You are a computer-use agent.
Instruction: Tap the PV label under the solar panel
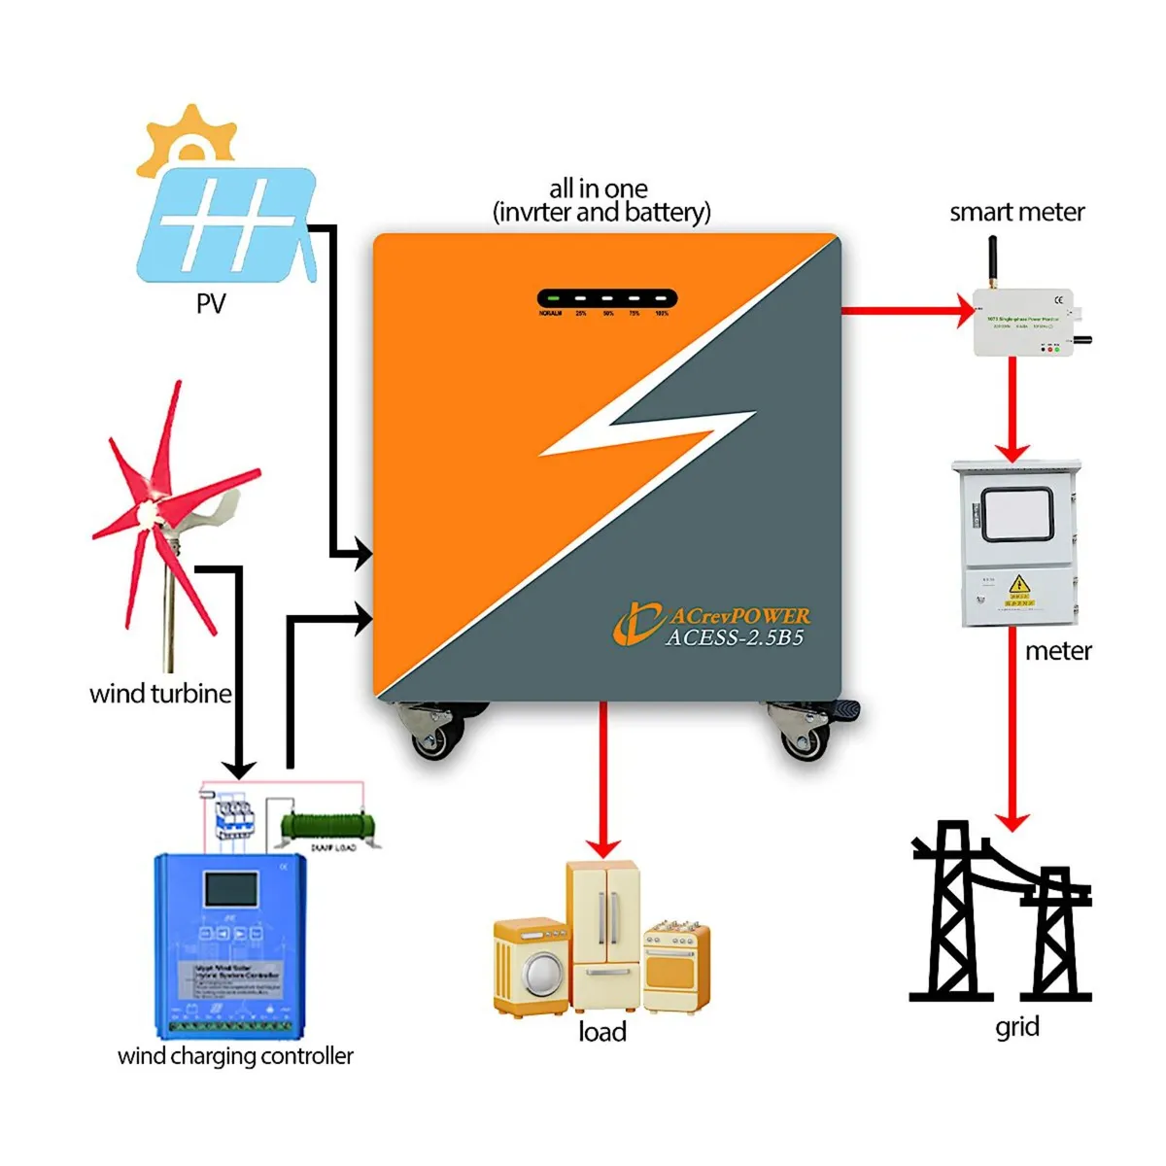pyautogui.click(x=210, y=304)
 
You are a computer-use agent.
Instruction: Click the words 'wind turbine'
pyautogui.click(x=160, y=694)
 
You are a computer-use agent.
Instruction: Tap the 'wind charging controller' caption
pyautogui.click(x=235, y=1056)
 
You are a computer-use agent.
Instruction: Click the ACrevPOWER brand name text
pyautogui.click(x=739, y=616)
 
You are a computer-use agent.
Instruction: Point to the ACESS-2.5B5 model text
pyautogui.click(x=735, y=638)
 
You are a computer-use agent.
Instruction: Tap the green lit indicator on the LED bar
pyautogui.click(x=552, y=299)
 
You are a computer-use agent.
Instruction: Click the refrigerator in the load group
pyautogui.click(x=603, y=933)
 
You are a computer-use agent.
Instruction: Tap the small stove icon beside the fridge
pyautogui.click(x=676, y=963)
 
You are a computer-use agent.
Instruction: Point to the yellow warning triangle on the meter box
pyautogui.click(x=1018, y=585)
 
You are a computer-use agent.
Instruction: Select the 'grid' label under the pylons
pyautogui.click(x=1017, y=1027)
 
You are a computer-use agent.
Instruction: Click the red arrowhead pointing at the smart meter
pyautogui.click(x=964, y=311)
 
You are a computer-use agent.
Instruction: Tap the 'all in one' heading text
pyautogui.click(x=599, y=189)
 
